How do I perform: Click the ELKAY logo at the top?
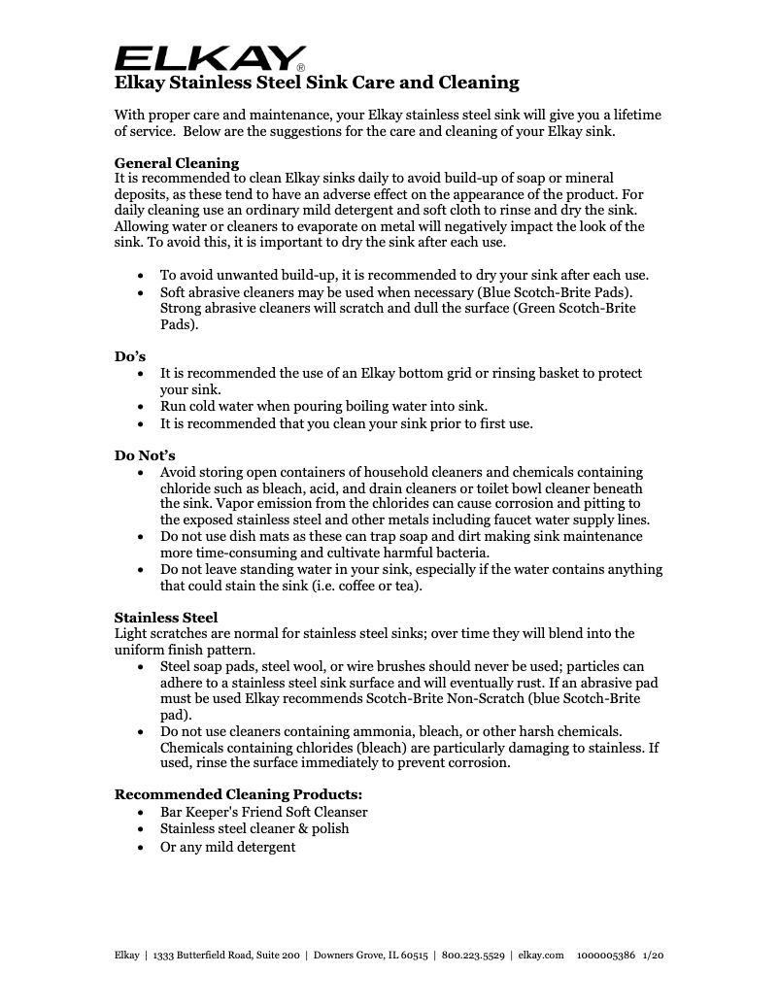tap(211, 57)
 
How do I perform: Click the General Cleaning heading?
tap(176, 162)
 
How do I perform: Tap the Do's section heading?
tap(130, 356)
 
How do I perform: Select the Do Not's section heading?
tap(145, 455)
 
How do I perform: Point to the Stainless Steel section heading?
tap(166, 617)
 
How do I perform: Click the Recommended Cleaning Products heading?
tap(238, 794)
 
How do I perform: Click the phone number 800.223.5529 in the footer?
tap(473, 956)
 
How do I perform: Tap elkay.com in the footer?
tap(541, 956)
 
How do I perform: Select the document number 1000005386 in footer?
tap(606, 956)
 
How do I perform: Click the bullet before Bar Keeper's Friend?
tap(142, 812)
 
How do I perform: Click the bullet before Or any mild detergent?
tap(142, 847)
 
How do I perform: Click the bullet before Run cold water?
tap(142, 407)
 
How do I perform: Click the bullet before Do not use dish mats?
tap(142, 535)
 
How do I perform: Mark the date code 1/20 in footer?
tap(654, 956)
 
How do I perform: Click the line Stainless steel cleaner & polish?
tap(254, 829)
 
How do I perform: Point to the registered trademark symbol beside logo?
tap(301, 67)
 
